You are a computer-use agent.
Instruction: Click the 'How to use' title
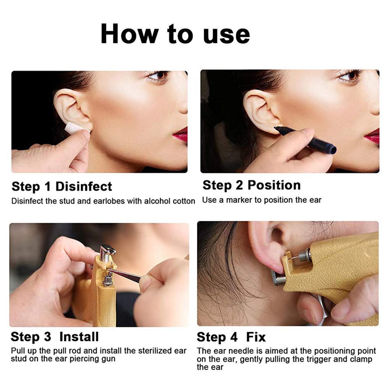pyautogui.click(x=175, y=34)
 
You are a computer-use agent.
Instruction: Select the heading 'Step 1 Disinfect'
pyautogui.click(x=62, y=187)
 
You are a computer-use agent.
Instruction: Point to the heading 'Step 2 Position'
pyautogui.click(x=251, y=185)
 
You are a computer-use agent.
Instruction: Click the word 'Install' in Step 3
pyautogui.click(x=79, y=336)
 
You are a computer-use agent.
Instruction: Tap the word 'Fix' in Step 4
pyautogui.click(x=256, y=337)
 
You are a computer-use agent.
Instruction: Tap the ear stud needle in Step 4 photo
pyautogui.click(x=295, y=258)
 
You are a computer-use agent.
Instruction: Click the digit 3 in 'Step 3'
pyautogui.click(x=47, y=337)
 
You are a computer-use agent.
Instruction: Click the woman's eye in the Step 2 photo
pyautogui.click(x=350, y=76)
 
